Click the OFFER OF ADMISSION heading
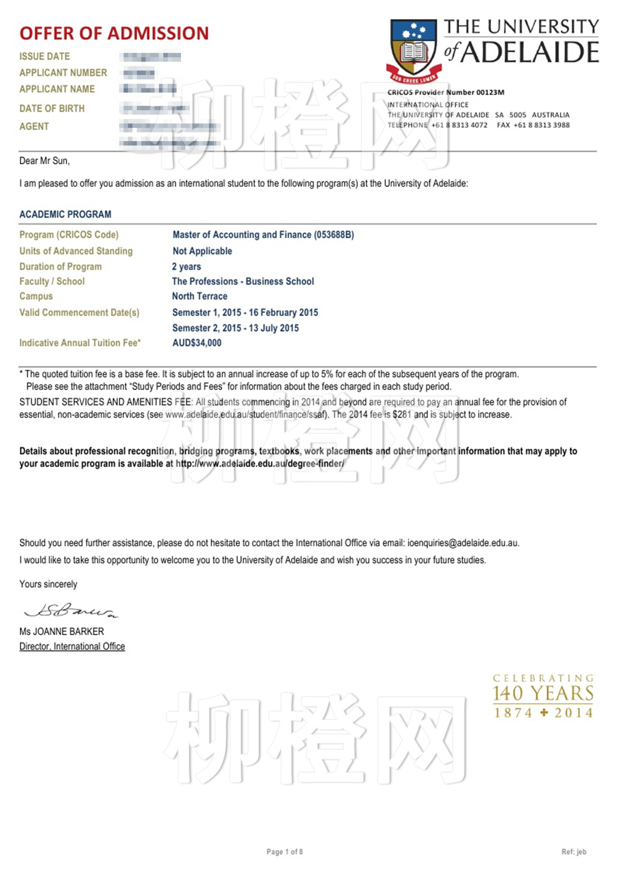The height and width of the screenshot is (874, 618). point(114,34)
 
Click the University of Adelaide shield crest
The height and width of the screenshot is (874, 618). point(413,49)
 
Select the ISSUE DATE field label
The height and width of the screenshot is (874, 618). point(45,56)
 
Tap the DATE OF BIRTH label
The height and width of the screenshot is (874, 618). point(52,108)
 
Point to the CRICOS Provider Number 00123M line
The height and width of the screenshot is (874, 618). point(446,93)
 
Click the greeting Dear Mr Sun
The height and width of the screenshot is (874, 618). point(45,161)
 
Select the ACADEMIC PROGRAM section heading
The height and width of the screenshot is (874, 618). point(65,214)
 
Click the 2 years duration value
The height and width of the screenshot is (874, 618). point(186,267)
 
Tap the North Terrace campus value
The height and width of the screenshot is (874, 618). point(200,296)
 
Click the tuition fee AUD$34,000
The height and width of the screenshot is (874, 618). point(197,343)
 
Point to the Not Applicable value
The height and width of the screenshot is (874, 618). point(202,251)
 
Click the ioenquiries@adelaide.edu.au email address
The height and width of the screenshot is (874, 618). point(463,543)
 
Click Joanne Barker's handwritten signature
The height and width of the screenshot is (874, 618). point(71,611)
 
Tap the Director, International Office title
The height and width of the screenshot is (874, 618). point(72,646)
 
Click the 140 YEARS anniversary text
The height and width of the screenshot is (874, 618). point(543,694)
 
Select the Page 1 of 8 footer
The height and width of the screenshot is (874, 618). point(285,852)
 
